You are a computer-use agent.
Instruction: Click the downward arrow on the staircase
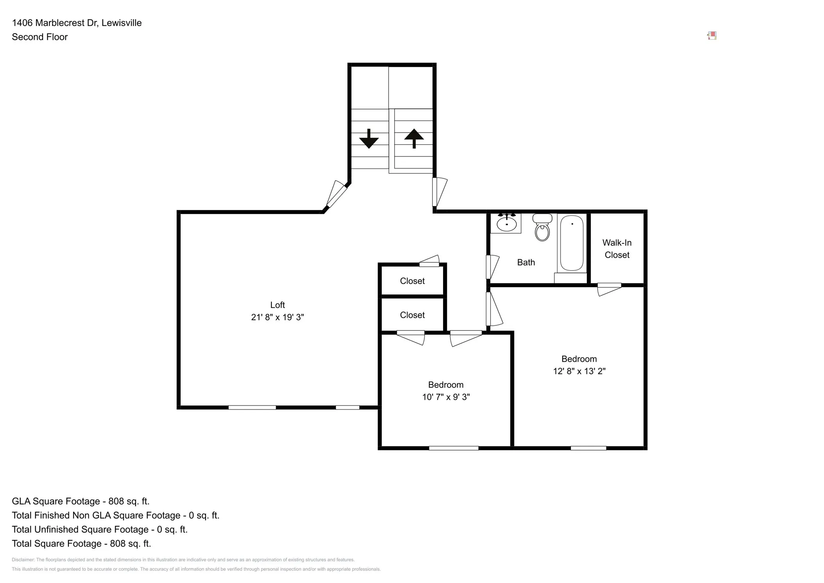368,139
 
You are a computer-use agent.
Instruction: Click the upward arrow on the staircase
414,138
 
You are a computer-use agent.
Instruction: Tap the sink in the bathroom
506,224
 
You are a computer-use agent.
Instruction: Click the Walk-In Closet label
617,249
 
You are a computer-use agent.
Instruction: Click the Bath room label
526,262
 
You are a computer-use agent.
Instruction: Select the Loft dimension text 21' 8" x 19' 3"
277,317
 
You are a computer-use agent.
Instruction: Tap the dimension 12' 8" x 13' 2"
579,371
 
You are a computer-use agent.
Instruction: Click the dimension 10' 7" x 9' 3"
445,397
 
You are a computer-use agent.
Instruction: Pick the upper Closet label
412,281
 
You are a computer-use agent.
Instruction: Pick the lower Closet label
412,315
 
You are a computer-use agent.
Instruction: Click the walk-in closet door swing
609,289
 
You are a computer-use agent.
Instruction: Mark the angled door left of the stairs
336,194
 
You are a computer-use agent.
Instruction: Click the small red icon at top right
711,36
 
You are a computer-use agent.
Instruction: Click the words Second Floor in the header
39,37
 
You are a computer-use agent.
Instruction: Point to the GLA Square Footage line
80,501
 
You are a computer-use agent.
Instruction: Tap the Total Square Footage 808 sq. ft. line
81,544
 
